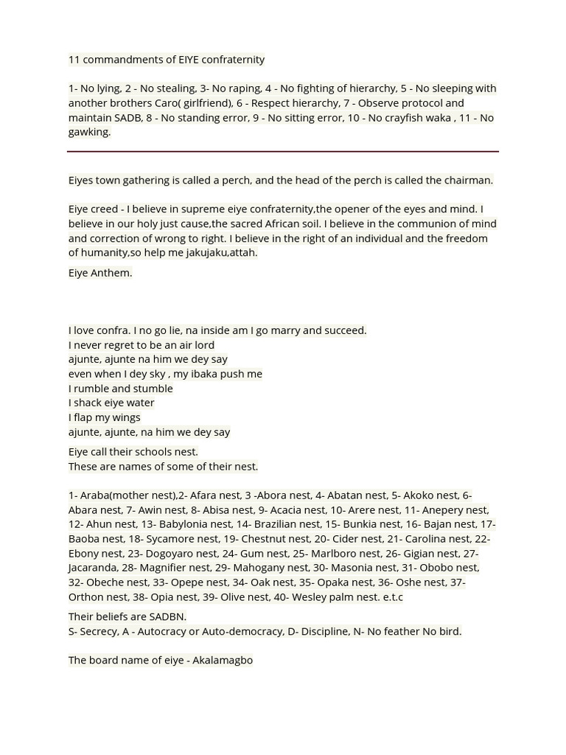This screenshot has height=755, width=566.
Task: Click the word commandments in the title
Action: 117,59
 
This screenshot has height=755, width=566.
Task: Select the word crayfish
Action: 413,117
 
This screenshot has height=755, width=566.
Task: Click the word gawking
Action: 89,132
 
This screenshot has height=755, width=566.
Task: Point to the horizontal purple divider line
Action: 283,151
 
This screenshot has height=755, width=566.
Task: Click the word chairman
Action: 467,180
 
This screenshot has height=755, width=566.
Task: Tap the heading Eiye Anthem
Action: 100,273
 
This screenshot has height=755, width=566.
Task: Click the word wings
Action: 125,417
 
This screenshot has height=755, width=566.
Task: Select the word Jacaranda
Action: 91,568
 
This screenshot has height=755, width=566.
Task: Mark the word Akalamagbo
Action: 223,660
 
